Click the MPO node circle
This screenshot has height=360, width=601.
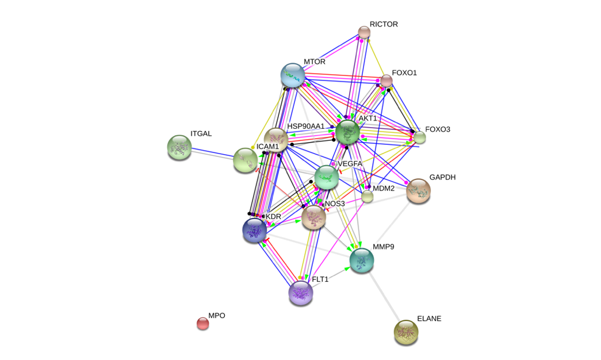pyautogui.click(x=202, y=323)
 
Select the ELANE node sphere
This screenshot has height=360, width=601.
pyautogui.click(x=406, y=331)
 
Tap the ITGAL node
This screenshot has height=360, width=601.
pyautogui.click(x=179, y=147)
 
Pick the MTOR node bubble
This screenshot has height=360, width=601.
pyautogui.click(x=293, y=75)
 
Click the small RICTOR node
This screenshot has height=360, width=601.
pyautogui.click(x=364, y=32)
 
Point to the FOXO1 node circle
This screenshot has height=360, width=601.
pyautogui.click(x=386, y=81)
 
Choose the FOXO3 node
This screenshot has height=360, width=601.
pyautogui.click(x=420, y=137)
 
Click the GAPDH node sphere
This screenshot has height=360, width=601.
pyautogui.click(x=419, y=190)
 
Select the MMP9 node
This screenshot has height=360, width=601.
pyautogui.click(x=362, y=259)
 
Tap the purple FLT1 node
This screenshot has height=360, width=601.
pyautogui.click(x=300, y=292)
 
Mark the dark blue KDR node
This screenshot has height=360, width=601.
pyautogui.click(x=254, y=229)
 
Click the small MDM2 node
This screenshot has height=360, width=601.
pyautogui.click(x=367, y=197)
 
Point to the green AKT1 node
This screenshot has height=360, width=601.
pyautogui.click(x=347, y=132)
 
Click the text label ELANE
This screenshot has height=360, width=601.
pyautogui.click(x=429, y=318)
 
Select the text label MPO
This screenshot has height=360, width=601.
pyautogui.click(x=217, y=316)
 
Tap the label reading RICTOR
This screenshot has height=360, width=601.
pyautogui.click(x=384, y=24)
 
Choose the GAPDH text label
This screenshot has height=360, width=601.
pyautogui.click(x=442, y=177)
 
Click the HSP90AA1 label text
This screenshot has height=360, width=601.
pyautogui.click(x=306, y=126)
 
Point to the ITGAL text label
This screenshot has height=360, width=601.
pyautogui.click(x=201, y=134)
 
